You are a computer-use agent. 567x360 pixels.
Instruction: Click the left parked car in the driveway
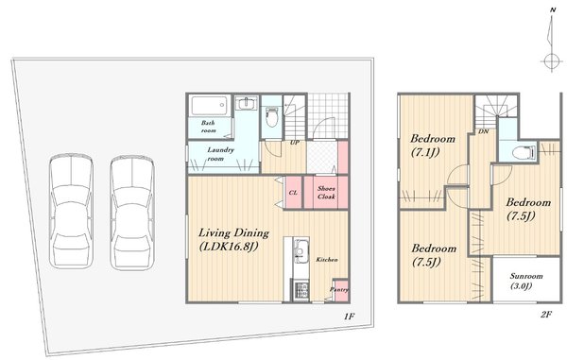pos(71,212)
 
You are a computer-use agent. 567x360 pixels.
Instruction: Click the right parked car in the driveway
pos(132,213)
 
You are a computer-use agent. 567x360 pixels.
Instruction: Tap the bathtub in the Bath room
pos(209,105)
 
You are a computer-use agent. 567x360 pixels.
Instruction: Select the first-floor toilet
pos(270,117)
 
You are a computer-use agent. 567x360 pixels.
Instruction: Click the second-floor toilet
pos(524,152)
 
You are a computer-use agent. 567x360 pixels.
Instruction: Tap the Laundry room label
pos(220,154)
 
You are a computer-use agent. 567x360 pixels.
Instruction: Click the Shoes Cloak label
pos(326,193)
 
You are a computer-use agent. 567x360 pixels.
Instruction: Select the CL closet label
pos(293,193)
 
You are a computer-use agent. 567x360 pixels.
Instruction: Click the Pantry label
pos(339,289)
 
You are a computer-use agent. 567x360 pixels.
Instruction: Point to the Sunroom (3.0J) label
pos(525,282)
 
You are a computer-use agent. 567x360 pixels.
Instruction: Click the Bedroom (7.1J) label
pos(433,145)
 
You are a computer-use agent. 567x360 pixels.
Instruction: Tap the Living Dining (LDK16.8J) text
pos(233,239)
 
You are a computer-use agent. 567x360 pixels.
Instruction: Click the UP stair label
pos(294,143)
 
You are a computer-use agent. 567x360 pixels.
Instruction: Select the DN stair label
pos(484,131)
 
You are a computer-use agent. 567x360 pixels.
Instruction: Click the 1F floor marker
pos(349,317)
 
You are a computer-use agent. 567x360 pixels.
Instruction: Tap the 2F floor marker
pos(545,315)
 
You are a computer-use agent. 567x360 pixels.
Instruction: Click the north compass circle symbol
pos(552,60)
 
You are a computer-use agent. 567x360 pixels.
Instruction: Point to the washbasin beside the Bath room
pos(247,103)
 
